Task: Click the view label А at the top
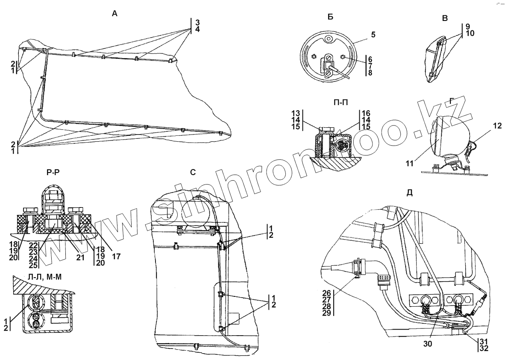click(x=114, y=14)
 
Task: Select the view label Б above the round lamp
click(x=330, y=17)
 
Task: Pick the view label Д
click(x=409, y=192)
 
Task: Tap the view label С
click(x=193, y=173)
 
